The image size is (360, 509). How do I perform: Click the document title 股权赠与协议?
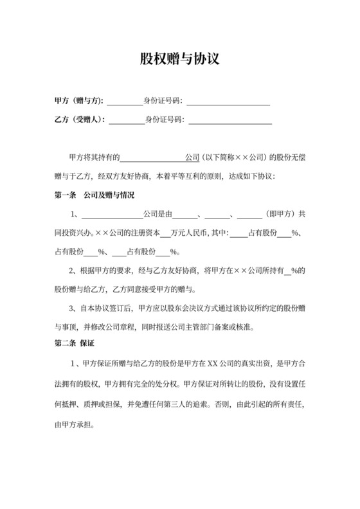tap(180, 59)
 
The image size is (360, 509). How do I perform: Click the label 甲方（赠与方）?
tap(78, 101)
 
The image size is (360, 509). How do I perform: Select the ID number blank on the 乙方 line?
tap(230, 120)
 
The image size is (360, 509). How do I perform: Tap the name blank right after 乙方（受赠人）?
tap(128, 120)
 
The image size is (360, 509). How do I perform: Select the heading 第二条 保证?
tap(75, 343)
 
